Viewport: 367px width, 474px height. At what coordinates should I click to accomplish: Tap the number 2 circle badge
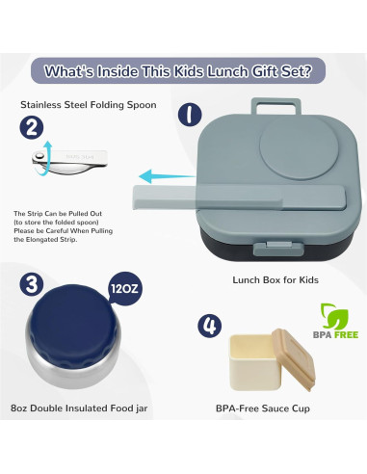33,127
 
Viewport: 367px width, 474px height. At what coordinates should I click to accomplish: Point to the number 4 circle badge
210,326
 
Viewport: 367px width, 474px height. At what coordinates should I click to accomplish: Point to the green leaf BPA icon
332,315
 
